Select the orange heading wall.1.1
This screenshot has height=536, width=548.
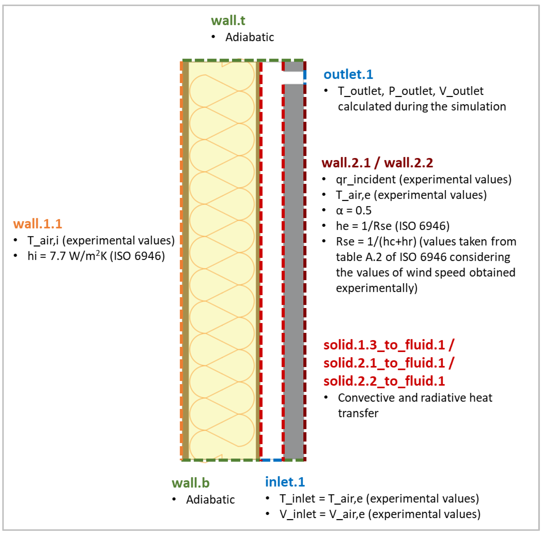pos(37,224)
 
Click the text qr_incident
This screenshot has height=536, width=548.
pos(366,180)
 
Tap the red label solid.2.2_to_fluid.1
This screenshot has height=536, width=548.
pos(384,381)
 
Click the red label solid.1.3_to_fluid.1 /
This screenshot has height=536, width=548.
pos(389,345)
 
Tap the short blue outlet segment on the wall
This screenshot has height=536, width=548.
pos(305,75)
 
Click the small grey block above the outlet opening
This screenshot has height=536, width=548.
pos(294,67)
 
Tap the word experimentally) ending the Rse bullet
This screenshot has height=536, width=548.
pos(377,288)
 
